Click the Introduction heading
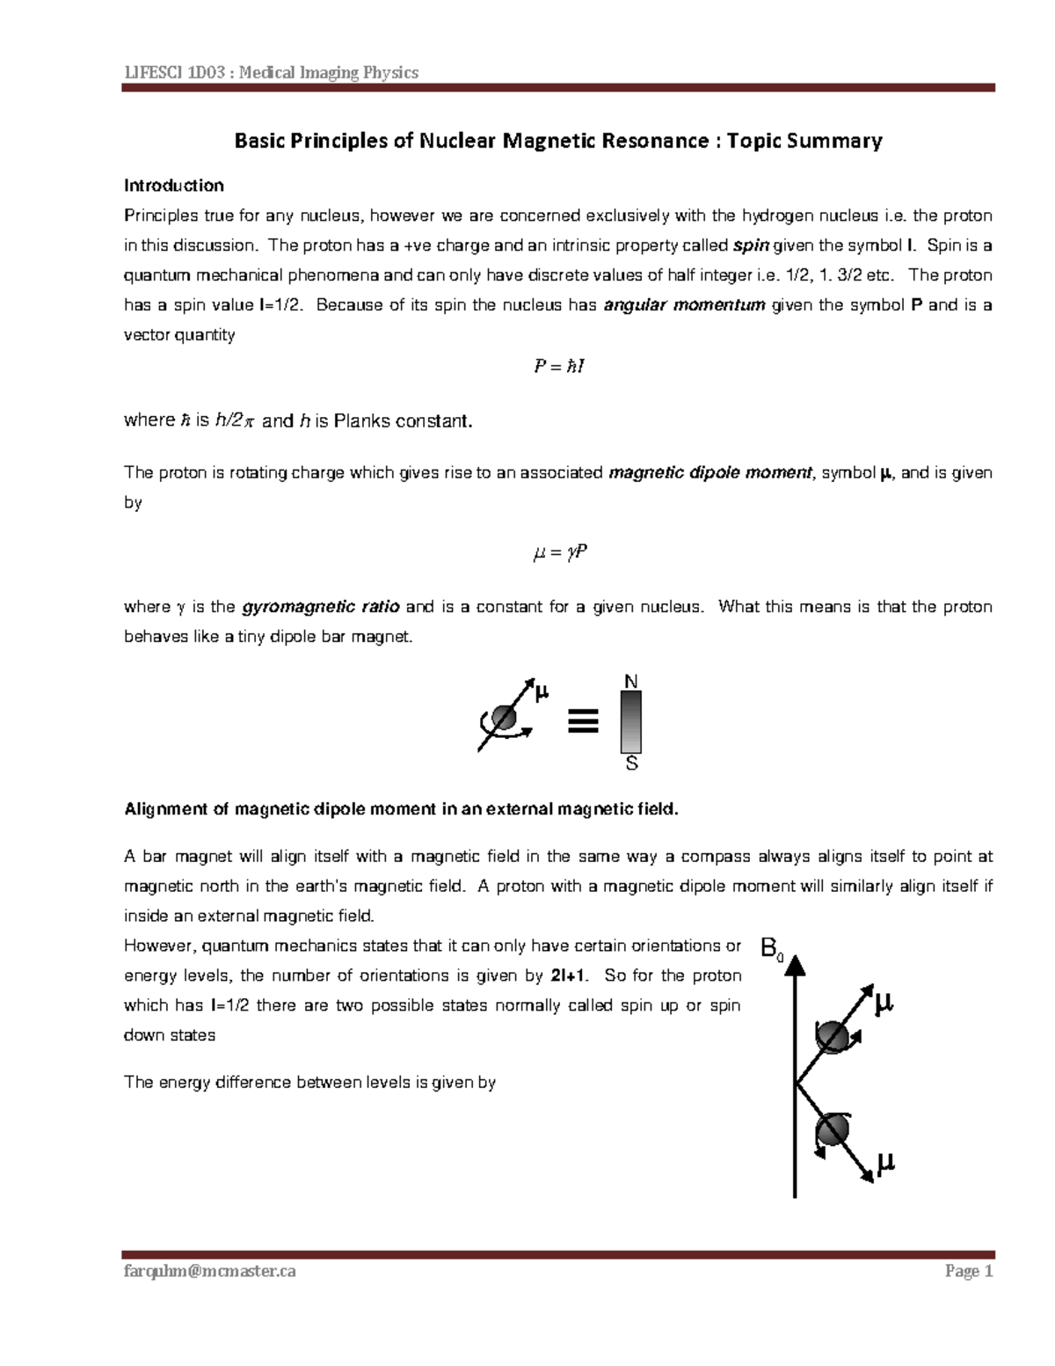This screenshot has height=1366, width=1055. [x=173, y=186]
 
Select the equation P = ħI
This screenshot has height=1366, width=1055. [x=558, y=366]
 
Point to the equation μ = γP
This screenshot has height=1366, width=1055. [x=559, y=553]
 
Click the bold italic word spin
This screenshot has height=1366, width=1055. [x=750, y=245]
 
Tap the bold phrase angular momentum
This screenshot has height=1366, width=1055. [x=685, y=305]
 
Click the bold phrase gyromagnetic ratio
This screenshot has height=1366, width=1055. [x=321, y=607]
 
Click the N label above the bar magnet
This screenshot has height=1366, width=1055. [x=630, y=682]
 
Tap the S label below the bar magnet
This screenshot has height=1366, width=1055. [x=631, y=764]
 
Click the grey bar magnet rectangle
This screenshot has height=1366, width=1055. [x=630, y=722]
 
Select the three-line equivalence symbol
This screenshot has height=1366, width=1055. [x=583, y=720]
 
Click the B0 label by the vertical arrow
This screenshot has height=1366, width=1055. [x=771, y=949]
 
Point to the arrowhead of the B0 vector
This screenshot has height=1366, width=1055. [x=795, y=967]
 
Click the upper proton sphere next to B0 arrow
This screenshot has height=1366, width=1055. [x=833, y=1037]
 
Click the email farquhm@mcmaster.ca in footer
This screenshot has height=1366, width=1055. [x=210, y=1271]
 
